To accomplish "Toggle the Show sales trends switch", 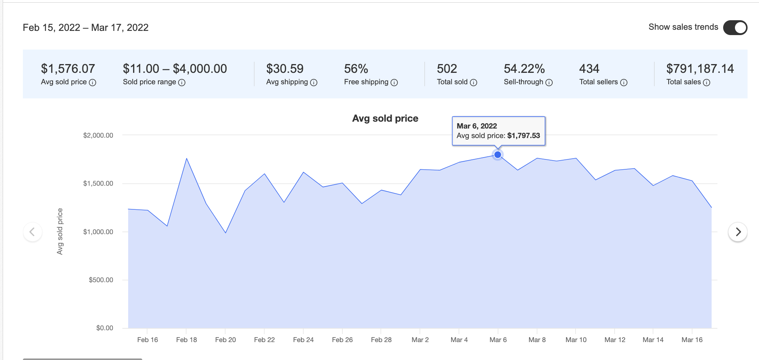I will click(x=735, y=27).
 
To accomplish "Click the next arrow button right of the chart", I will click(x=738, y=232).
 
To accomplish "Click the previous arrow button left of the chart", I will click(x=32, y=232).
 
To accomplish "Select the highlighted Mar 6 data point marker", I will click(x=497, y=155).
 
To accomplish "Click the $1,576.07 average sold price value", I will click(x=68, y=69).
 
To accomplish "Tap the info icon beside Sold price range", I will click(x=182, y=83).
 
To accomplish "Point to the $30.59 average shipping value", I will click(x=285, y=69).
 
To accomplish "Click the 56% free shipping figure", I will click(x=356, y=69).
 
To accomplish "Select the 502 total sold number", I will click(x=447, y=69).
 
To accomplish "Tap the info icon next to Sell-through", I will click(x=549, y=83).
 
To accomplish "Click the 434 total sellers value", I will click(x=589, y=69).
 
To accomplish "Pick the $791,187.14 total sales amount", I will click(x=700, y=69).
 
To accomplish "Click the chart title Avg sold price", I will click(x=385, y=119).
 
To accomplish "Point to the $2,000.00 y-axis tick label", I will click(x=98, y=135).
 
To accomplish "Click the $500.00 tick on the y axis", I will click(x=101, y=280).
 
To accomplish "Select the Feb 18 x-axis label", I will click(x=187, y=340).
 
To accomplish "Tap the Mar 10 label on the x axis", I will click(x=576, y=340).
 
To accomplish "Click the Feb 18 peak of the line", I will click(x=187, y=158).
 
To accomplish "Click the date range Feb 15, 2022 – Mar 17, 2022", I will click(x=85, y=27).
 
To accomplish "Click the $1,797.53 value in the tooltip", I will click(x=523, y=136).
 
